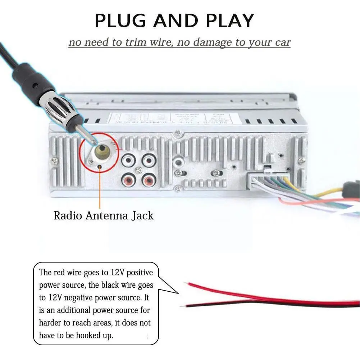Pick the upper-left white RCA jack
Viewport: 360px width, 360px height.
tap(128, 160)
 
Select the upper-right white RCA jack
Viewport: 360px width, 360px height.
tap(149, 160)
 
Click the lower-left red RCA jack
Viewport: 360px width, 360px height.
tap(128, 179)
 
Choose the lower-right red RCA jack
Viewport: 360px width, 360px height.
tap(149, 179)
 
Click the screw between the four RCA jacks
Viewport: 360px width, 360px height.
tap(138, 170)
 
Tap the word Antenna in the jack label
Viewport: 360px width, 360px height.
tap(103, 216)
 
